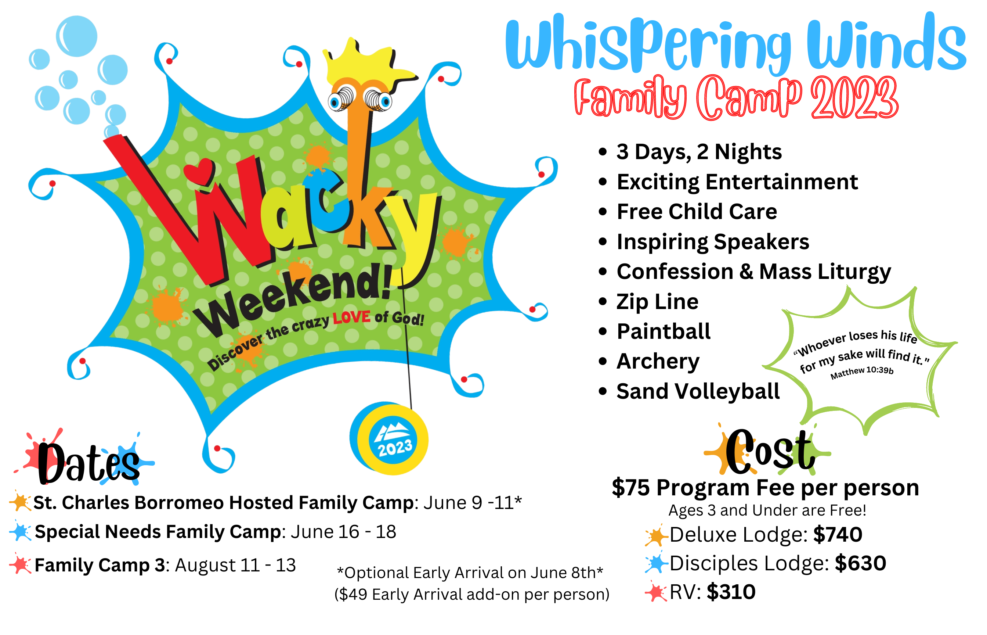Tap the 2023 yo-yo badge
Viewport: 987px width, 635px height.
[389, 438]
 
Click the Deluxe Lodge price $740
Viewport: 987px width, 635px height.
[838, 534]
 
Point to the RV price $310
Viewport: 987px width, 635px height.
[731, 592]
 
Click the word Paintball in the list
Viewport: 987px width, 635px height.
[664, 331]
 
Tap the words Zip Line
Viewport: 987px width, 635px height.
[658, 301]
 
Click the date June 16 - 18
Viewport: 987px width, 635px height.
[344, 532]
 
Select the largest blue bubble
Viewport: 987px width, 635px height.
[77, 36]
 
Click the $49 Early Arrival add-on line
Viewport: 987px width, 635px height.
[472, 595]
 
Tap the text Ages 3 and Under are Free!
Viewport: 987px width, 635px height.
[767, 510]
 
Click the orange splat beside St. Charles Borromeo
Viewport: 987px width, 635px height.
[20, 502]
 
